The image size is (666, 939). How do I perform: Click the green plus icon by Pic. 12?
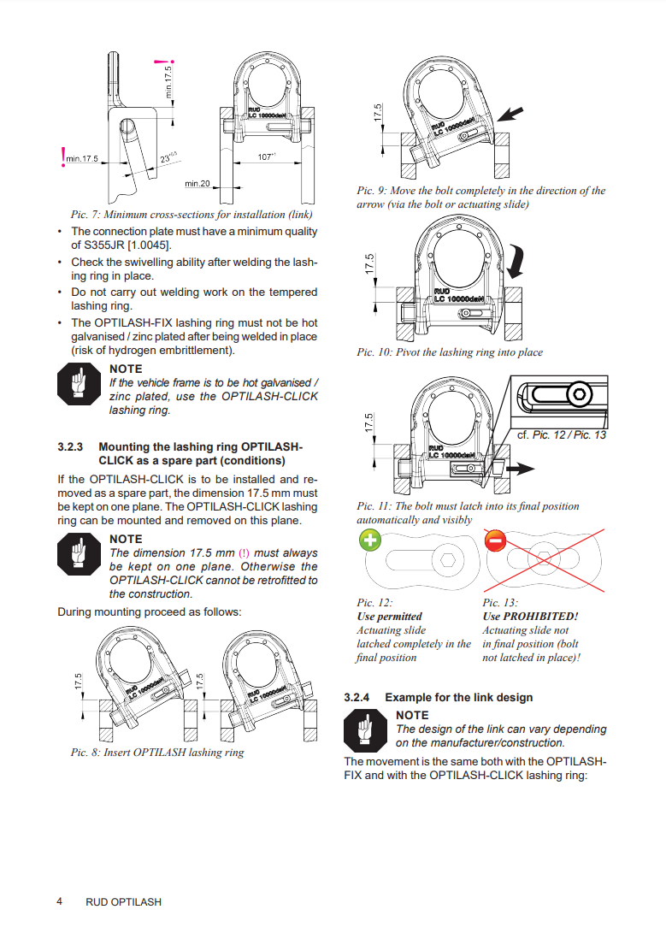point(370,540)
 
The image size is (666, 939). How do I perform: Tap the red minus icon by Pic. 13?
point(495,540)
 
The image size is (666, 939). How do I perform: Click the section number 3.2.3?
point(70,446)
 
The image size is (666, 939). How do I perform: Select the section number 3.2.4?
point(357,697)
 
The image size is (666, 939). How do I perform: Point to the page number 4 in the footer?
point(59,901)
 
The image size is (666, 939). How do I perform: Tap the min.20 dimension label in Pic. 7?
point(197,183)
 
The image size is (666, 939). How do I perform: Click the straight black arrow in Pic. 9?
point(510,113)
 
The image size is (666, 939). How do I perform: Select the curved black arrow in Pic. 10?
point(516,261)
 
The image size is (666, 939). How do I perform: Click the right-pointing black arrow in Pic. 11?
point(520,469)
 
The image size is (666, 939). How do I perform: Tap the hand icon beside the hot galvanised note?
point(79,384)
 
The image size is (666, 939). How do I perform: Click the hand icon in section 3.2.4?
point(365,730)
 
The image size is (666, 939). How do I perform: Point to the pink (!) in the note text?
point(244,553)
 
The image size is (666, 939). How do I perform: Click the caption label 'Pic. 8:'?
point(85,753)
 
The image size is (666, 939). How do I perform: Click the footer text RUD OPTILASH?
point(123,902)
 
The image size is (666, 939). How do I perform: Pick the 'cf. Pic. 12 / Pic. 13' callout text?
point(562,434)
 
